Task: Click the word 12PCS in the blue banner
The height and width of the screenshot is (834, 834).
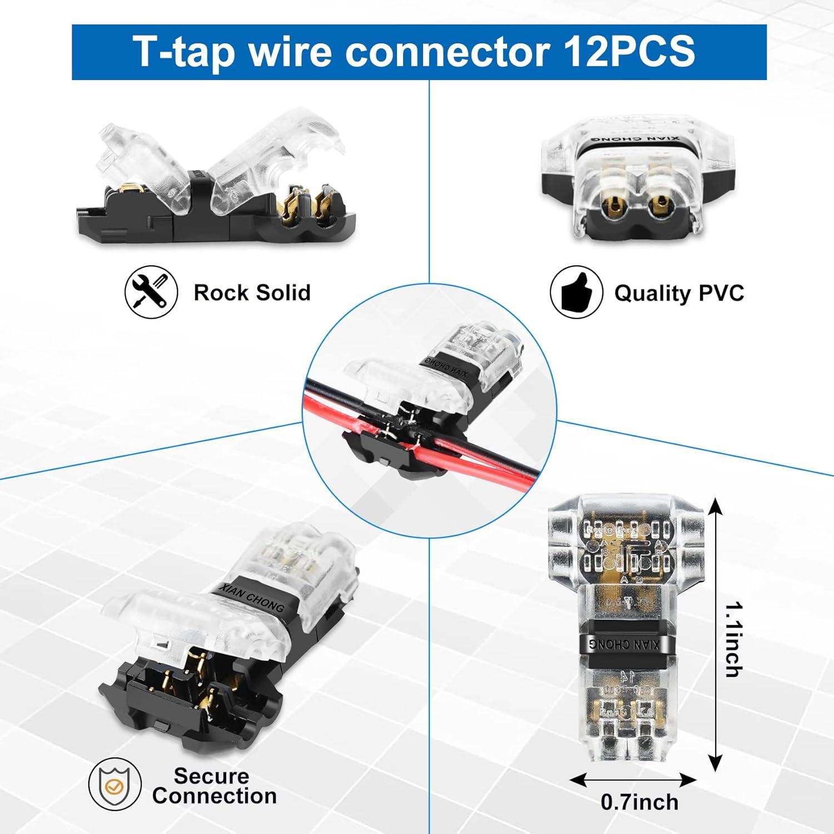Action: click(x=629, y=51)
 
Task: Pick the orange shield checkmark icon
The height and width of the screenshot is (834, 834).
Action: click(x=115, y=786)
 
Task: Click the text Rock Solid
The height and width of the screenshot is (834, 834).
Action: click(x=252, y=292)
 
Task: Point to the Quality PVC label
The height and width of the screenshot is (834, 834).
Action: click(x=679, y=292)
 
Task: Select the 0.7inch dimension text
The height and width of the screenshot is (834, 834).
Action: click(x=639, y=802)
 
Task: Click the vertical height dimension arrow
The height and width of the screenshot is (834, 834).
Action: click(x=716, y=634)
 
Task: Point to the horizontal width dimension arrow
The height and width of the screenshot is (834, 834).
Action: click(x=633, y=780)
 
